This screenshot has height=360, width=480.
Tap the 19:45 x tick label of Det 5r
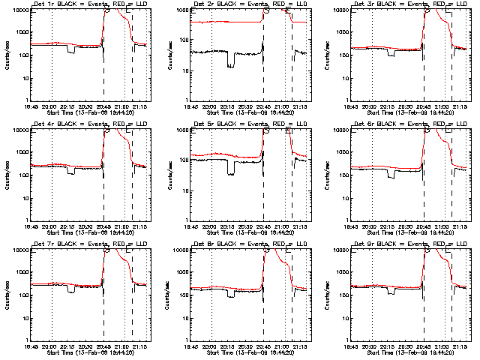point(191,226)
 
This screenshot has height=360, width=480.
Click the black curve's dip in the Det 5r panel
point(231,172)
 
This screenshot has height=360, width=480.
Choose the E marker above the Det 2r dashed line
point(291,10)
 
